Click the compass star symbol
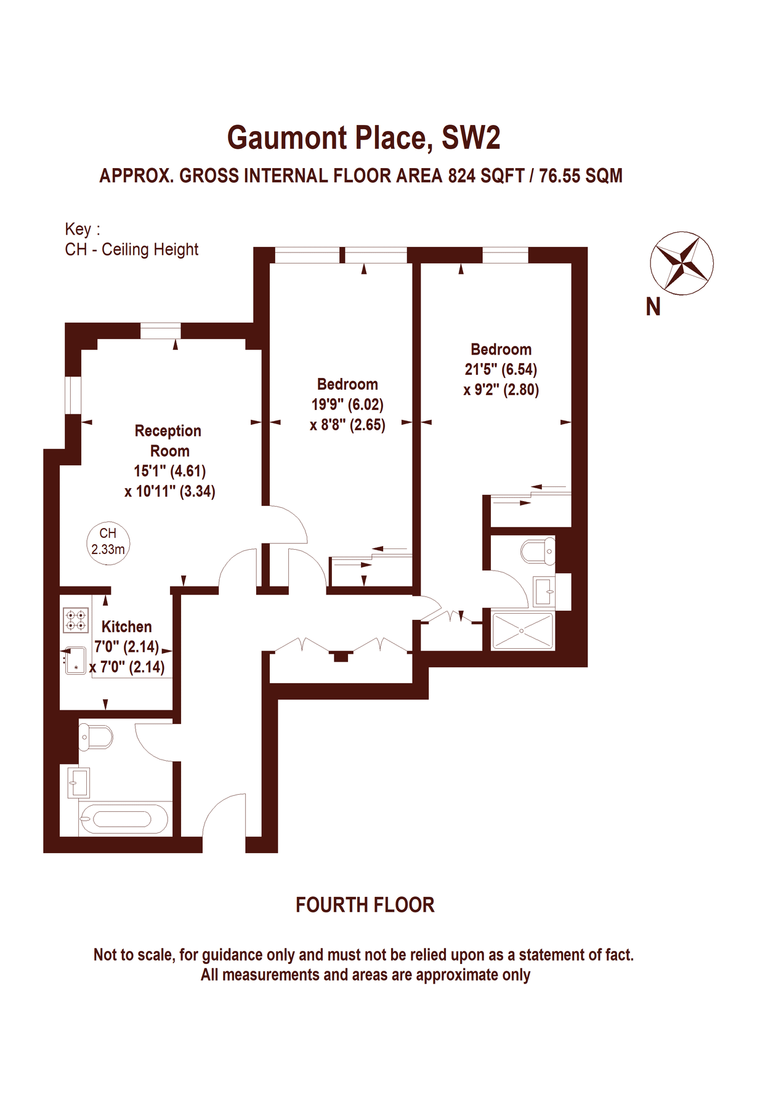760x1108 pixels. [x=681, y=263]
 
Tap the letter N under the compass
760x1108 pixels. [x=653, y=307]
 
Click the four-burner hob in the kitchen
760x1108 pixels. [x=76, y=620]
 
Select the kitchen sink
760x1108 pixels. [x=75, y=660]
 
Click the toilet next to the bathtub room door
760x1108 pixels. [x=96, y=737]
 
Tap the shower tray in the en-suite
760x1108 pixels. [x=522, y=630]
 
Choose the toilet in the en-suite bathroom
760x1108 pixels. [x=538, y=552]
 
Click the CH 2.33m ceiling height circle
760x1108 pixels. [x=108, y=542]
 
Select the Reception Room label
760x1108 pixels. [x=168, y=441]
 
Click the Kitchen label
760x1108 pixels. [x=126, y=627]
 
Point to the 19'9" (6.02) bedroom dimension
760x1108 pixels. [x=347, y=404]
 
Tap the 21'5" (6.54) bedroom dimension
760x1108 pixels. [x=501, y=369]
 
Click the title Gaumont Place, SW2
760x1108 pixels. [x=363, y=137]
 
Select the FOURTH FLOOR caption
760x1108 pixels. [x=365, y=905]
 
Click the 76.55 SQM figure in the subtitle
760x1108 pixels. [x=580, y=176]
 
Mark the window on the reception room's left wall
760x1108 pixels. [x=73, y=395]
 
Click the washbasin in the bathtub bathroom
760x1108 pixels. [x=79, y=782]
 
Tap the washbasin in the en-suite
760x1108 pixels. [x=544, y=591]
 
